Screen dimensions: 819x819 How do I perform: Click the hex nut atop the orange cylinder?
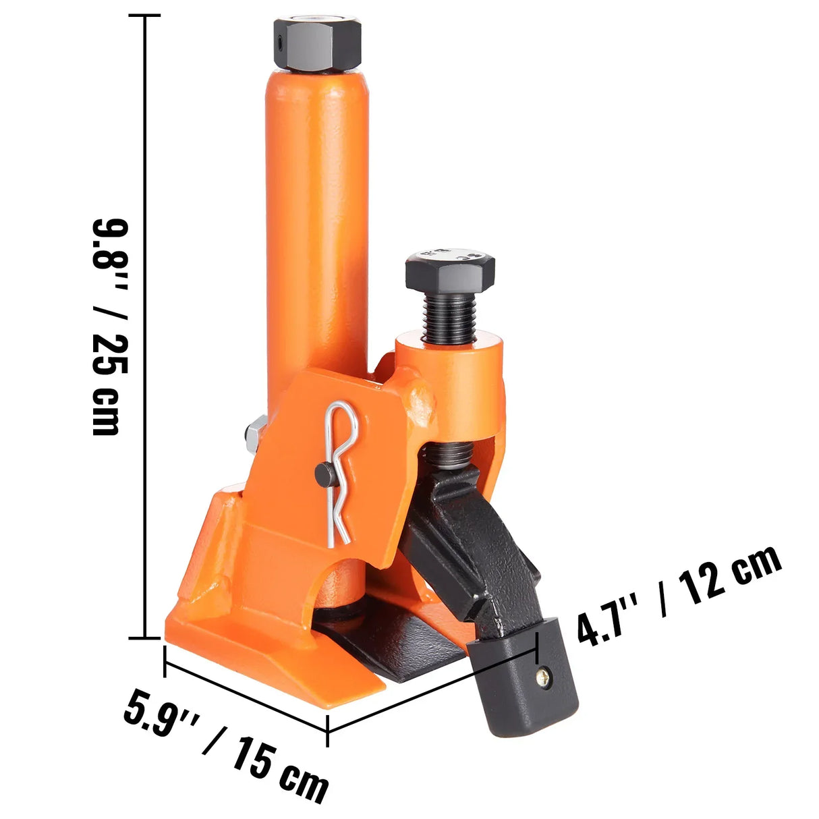point(317,45)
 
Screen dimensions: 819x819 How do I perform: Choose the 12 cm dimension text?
point(729,577)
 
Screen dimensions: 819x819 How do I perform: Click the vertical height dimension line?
point(146,324)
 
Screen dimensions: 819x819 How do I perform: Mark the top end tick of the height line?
point(146,16)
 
